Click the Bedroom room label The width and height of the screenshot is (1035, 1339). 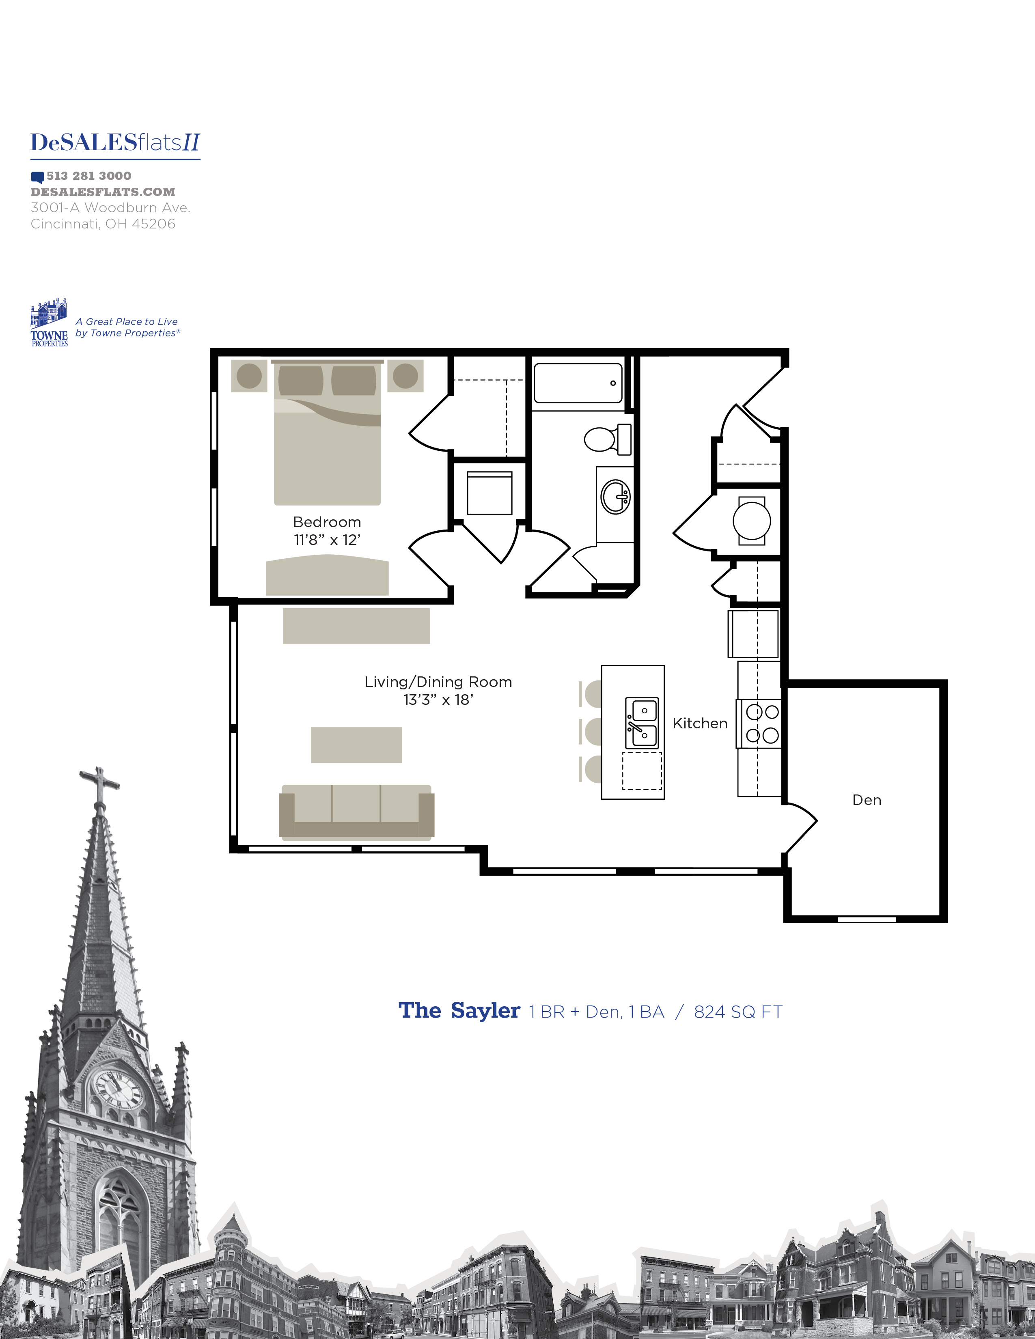(x=327, y=522)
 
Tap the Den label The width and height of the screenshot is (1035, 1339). (x=867, y=800)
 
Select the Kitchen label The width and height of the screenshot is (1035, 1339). (x=700, y=723)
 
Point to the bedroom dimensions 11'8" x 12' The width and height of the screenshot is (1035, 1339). (x=327, y=540)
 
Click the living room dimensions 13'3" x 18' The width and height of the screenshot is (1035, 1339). (x=438, y=700)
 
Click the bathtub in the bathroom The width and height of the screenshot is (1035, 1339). (x=578, y=383)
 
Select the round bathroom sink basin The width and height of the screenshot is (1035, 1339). (x=615, y=497)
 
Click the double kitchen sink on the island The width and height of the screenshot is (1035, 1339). (x=641, y=722)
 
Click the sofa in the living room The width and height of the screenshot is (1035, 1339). (x=356, y=811)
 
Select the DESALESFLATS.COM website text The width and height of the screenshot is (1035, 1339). (x=103, y=192)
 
